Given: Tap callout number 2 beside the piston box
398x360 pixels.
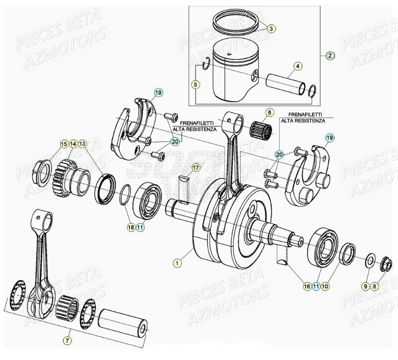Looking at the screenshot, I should (330, 56).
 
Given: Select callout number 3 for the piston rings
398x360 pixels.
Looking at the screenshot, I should (271, 29).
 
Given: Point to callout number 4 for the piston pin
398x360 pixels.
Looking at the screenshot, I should (297, 65).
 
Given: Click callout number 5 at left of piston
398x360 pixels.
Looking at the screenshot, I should (195, 85).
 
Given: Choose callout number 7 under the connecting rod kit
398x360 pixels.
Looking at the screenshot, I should (67, 340).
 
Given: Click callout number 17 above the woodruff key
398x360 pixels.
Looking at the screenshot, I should (195, 168).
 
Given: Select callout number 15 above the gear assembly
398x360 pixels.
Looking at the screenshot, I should (63, 144).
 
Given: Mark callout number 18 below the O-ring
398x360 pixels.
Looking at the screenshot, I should (131, 227).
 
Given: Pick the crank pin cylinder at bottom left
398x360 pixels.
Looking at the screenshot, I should (124, 324).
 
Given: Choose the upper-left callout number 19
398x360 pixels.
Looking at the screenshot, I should (158, 92).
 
